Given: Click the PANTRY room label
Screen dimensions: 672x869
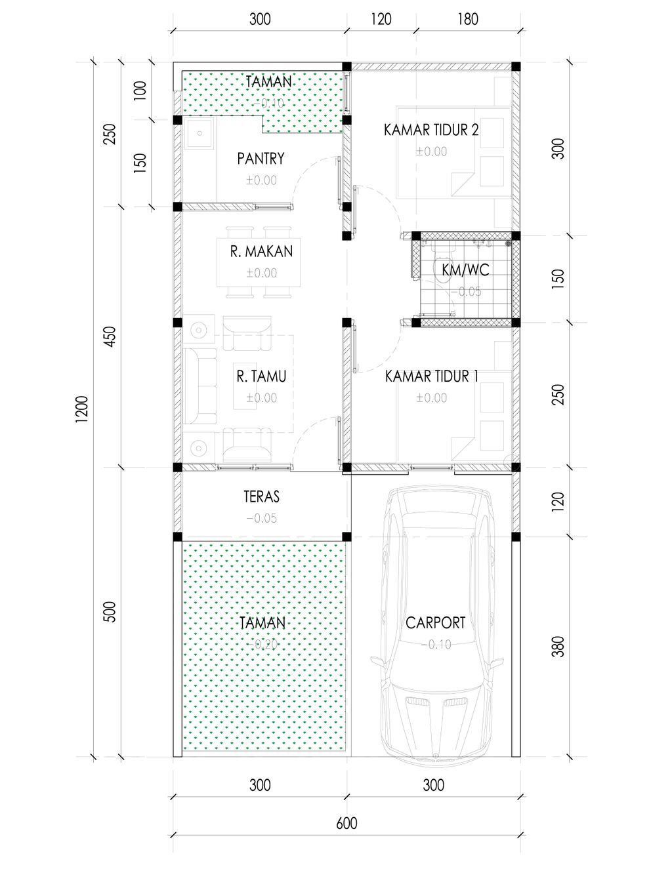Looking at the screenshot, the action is pos(261,158).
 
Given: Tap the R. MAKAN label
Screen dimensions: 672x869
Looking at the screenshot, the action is pos(261,251).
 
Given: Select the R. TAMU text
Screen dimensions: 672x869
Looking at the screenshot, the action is pos(261,376).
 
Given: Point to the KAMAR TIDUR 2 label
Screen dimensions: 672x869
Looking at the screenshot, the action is pos(431,130).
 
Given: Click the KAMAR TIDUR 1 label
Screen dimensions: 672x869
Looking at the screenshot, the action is pos(432,376).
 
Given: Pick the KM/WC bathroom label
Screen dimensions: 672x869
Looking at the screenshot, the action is pos(465,270).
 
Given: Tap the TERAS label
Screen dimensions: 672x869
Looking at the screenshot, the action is pos(262,496).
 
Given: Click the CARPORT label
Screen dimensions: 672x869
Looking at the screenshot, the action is pos(436,622).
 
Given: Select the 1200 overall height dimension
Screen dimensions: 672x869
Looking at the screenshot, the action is pos(81,409).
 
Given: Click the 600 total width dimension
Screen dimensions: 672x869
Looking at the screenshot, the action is pos(346,823).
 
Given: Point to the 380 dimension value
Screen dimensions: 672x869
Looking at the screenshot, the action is pos(558,647).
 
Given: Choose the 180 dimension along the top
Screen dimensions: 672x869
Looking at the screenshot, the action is pos(468,19).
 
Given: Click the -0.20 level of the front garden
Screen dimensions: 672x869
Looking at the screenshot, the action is pos(262,644).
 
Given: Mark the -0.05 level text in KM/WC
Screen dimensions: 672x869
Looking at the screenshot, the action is pos(467,292).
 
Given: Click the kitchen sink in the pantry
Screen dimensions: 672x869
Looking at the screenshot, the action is pos(199,132).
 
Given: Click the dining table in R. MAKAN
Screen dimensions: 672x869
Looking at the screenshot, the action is pos(259,262).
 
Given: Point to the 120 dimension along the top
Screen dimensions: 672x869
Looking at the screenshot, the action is pos(381,19).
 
